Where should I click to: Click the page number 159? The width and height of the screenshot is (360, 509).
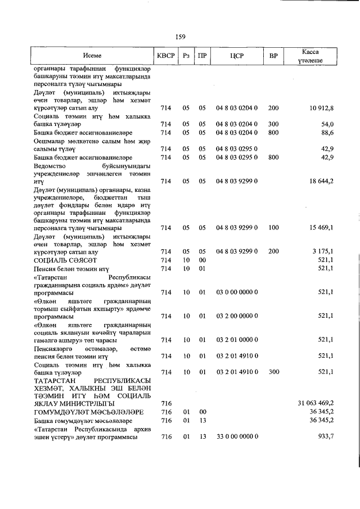pos(180,37)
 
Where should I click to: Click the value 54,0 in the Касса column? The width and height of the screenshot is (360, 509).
pos(327,124)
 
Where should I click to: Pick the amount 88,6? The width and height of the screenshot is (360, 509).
pos(327,132)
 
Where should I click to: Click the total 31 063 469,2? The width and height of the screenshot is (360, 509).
pos(316,403)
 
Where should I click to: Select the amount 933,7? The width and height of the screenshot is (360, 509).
pos(325,436)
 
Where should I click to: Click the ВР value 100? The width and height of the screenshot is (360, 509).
pos(273,228)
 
